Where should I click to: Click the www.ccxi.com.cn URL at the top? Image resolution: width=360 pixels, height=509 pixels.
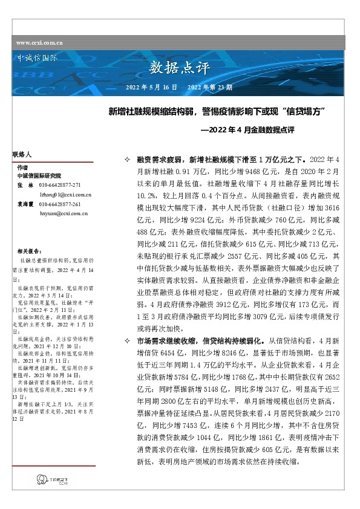click(39, 43)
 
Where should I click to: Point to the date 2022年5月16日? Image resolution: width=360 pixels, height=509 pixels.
click(151, 87)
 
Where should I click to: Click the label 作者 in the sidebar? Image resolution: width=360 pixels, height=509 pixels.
click(23, 167)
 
